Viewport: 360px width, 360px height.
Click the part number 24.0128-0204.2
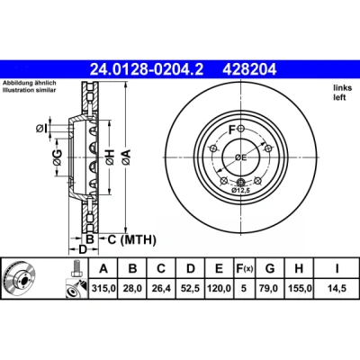(147, 70)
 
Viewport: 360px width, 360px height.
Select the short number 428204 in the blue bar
(249, 70)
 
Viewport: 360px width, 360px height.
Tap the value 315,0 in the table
(103, 289)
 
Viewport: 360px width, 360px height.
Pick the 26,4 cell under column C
(161, 289)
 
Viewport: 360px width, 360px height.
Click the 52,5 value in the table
(191, 289)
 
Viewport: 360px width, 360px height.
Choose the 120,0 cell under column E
(219, 289)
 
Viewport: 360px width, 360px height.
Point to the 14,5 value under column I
(337, 289)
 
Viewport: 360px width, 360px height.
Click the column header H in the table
(299, 269)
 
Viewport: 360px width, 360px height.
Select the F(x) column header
(244, 269)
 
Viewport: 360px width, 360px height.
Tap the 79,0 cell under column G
(270, 289)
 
